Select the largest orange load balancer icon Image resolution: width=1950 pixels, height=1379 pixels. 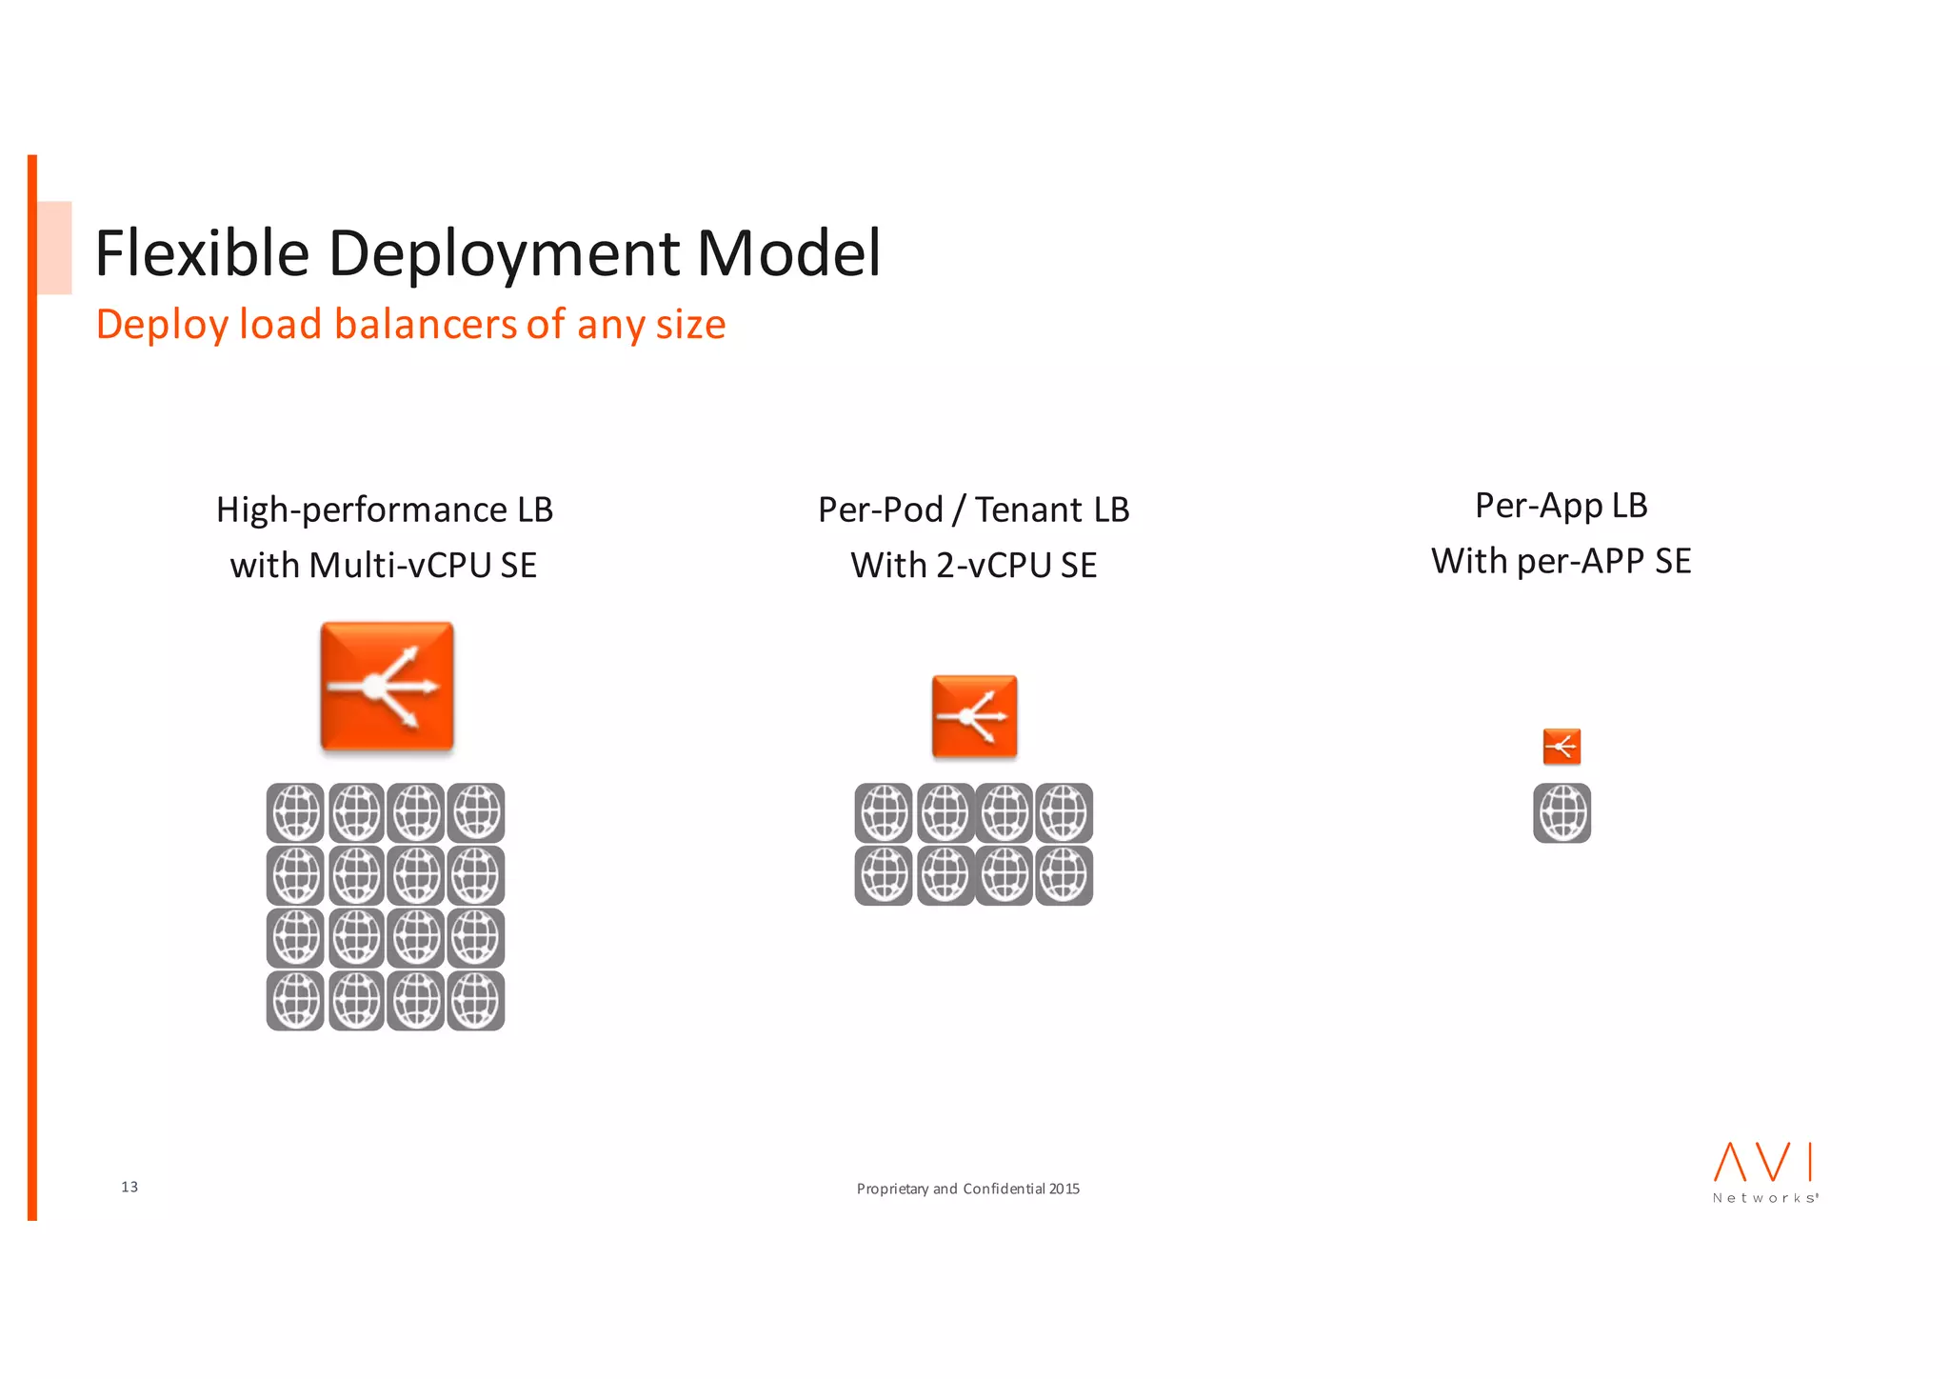point(387,686)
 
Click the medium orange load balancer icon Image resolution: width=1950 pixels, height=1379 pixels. point(974,716)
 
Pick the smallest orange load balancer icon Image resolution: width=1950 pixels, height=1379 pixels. point(1562,747)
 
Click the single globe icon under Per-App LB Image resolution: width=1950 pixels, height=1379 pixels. point(1562,813)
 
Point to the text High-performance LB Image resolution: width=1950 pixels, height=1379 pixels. point(384,510)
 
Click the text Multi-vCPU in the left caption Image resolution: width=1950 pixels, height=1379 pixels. point(400,565)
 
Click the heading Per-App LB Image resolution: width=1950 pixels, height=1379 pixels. point(1561,505)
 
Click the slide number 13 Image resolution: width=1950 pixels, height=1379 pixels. point(129,1187)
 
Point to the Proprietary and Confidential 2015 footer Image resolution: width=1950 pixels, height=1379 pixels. point(967,1189)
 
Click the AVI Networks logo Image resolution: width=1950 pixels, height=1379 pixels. point(1764,1172)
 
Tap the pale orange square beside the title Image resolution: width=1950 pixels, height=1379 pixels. point(54,248)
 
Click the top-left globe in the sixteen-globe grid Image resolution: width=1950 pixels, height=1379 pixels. point(295,813)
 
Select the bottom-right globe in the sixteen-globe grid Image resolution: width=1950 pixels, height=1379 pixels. point(475,1000)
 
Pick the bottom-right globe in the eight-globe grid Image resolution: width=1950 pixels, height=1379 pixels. point(1064,875)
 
